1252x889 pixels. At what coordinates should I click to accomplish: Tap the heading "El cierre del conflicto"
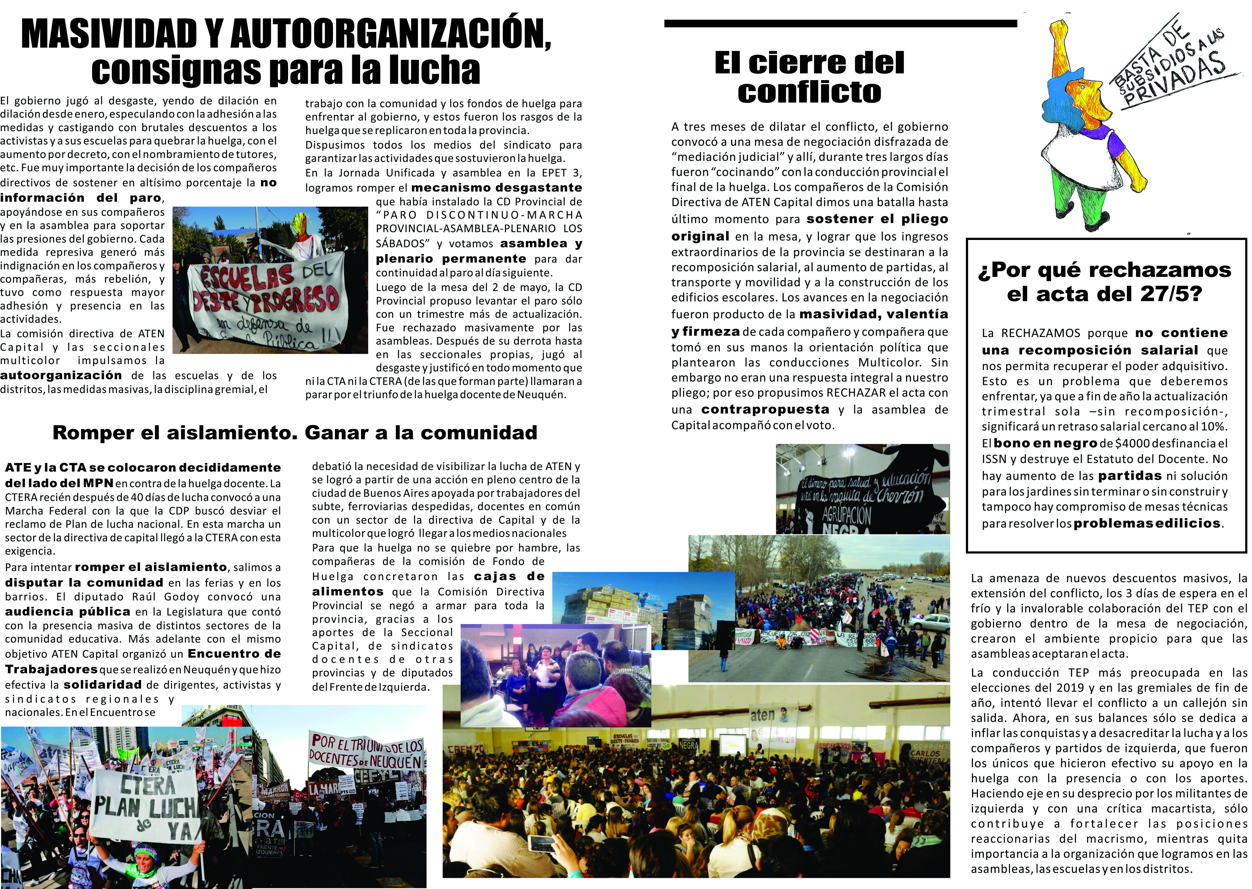coord(809,77)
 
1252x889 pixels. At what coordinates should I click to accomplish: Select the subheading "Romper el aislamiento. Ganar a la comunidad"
coord(295,433)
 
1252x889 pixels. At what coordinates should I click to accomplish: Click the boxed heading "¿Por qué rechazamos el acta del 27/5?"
coord(1105,282)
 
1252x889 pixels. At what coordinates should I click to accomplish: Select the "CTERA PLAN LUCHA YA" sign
coord(143,805)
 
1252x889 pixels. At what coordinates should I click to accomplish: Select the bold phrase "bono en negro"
coord(1046,443)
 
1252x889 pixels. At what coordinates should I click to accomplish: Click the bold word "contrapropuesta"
coord(765,409)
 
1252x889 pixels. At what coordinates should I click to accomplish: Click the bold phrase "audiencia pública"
coord(68,612)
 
